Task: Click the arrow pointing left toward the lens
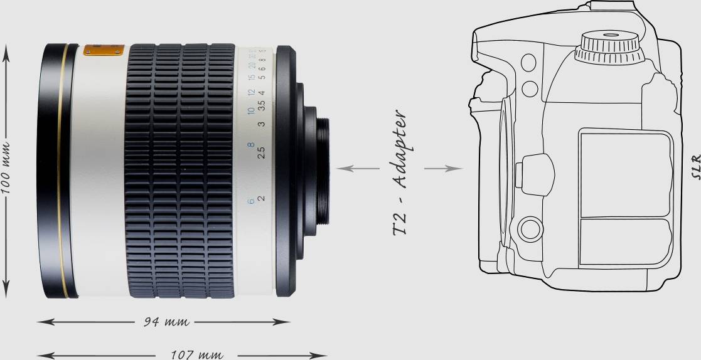point(358,168)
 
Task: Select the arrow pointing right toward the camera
point(443,168)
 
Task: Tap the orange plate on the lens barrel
point(104,50)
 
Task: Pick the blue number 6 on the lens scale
point(251,201)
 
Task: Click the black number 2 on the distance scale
point(262,198)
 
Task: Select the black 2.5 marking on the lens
point(262,152)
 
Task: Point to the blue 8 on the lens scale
point(251,146)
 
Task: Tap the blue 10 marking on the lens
point(251,111)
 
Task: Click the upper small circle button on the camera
point(528,61)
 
